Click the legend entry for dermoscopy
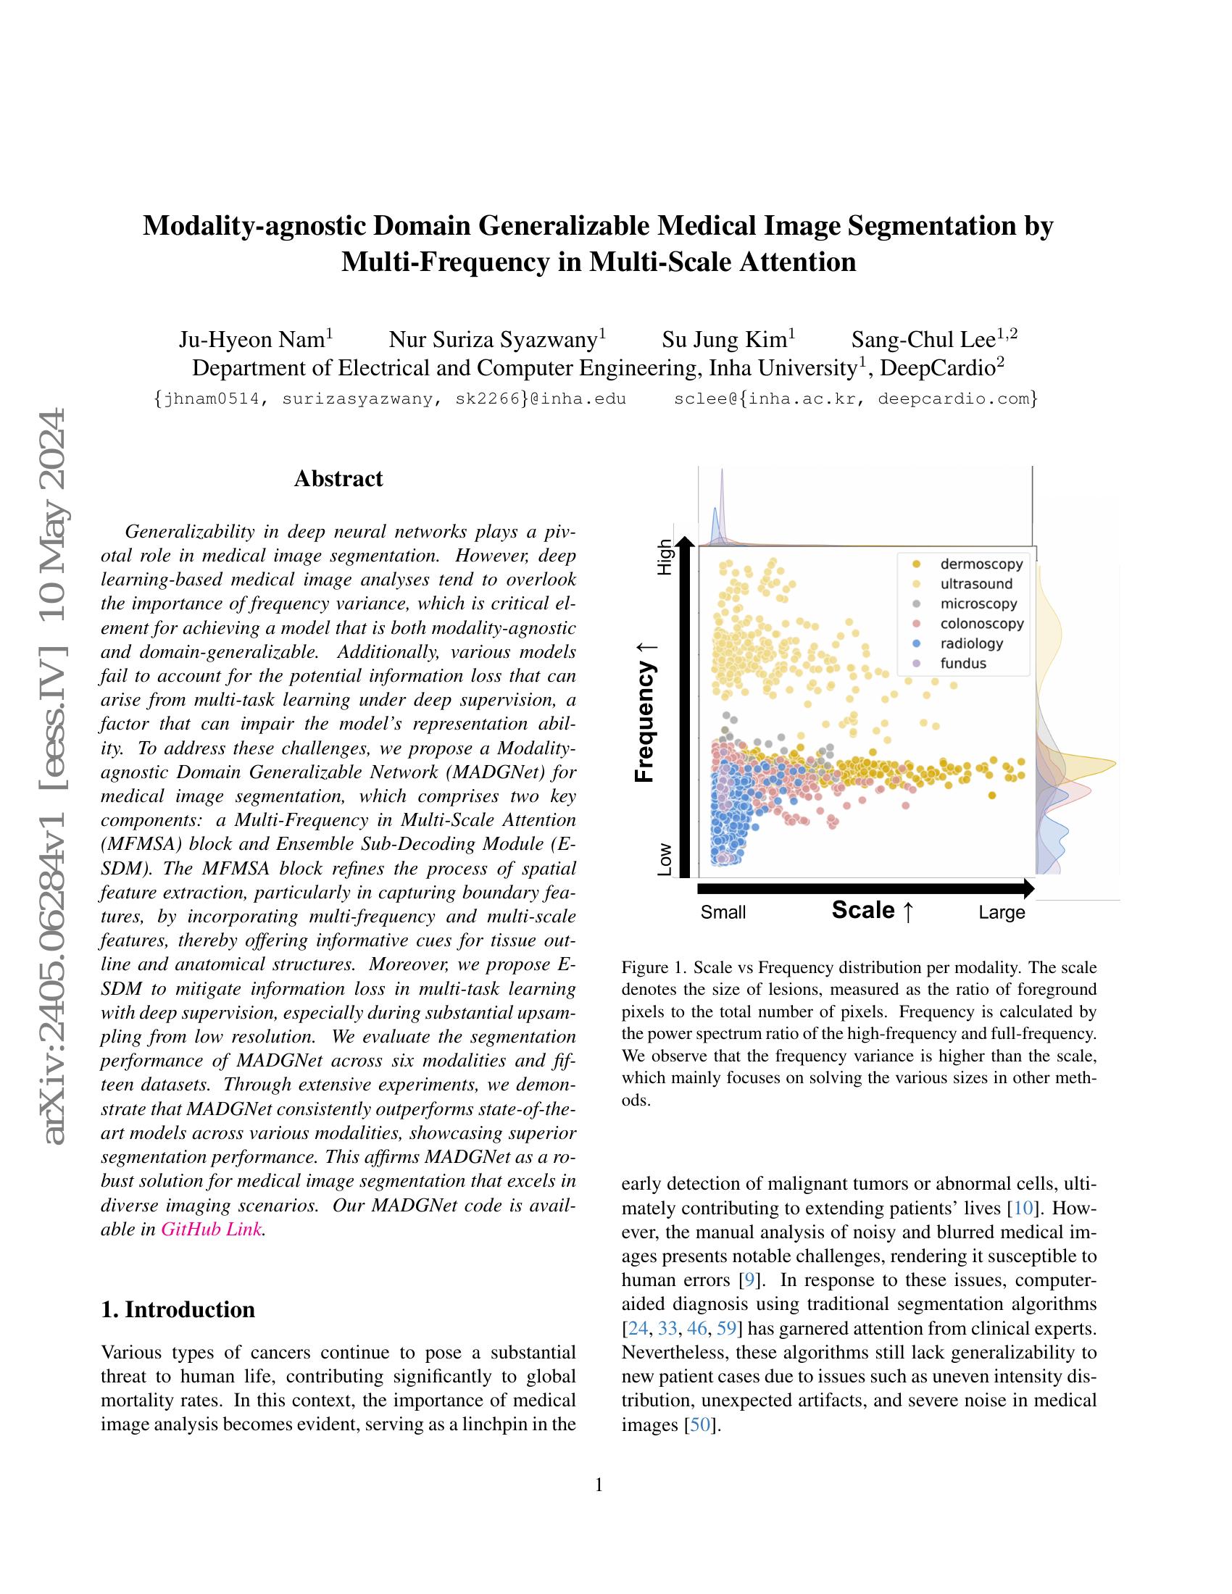pyautogui.click(x=981, y=564)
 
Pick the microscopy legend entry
pyautogui.click(x=978, y=604)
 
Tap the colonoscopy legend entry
pyautogui.click(x=982, y=623)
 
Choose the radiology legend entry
pyautogui.click(x=971, y=643)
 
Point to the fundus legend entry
pyautogui.click(x=962, y=663)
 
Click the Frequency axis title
pyautogui.click(x=645, y=712)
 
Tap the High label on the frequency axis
pyautogui.click(x=664, y=557)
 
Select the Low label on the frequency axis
pyautogui.click(x=664, y=860)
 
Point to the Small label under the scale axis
pyautogui.click(x=723, y=912)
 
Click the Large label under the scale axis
pyautogui.click(x=1002, y=912)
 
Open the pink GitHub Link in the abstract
pyautogui.click(x=210, y=1229)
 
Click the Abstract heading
pyautogui.click(x=338, y=479)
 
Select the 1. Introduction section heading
pyautogui.click(x=178, y=1309)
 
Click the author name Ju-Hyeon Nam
pyautogui.click(x=251, y=340)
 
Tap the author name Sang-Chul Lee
pyautogui.click(x=923, y=340)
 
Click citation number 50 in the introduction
pyautogui.click(x=699, y=1424)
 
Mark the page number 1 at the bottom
pyautogui.click(x=599, y=1485)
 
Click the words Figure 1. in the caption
pyautogui.click(x=653, y=968)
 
